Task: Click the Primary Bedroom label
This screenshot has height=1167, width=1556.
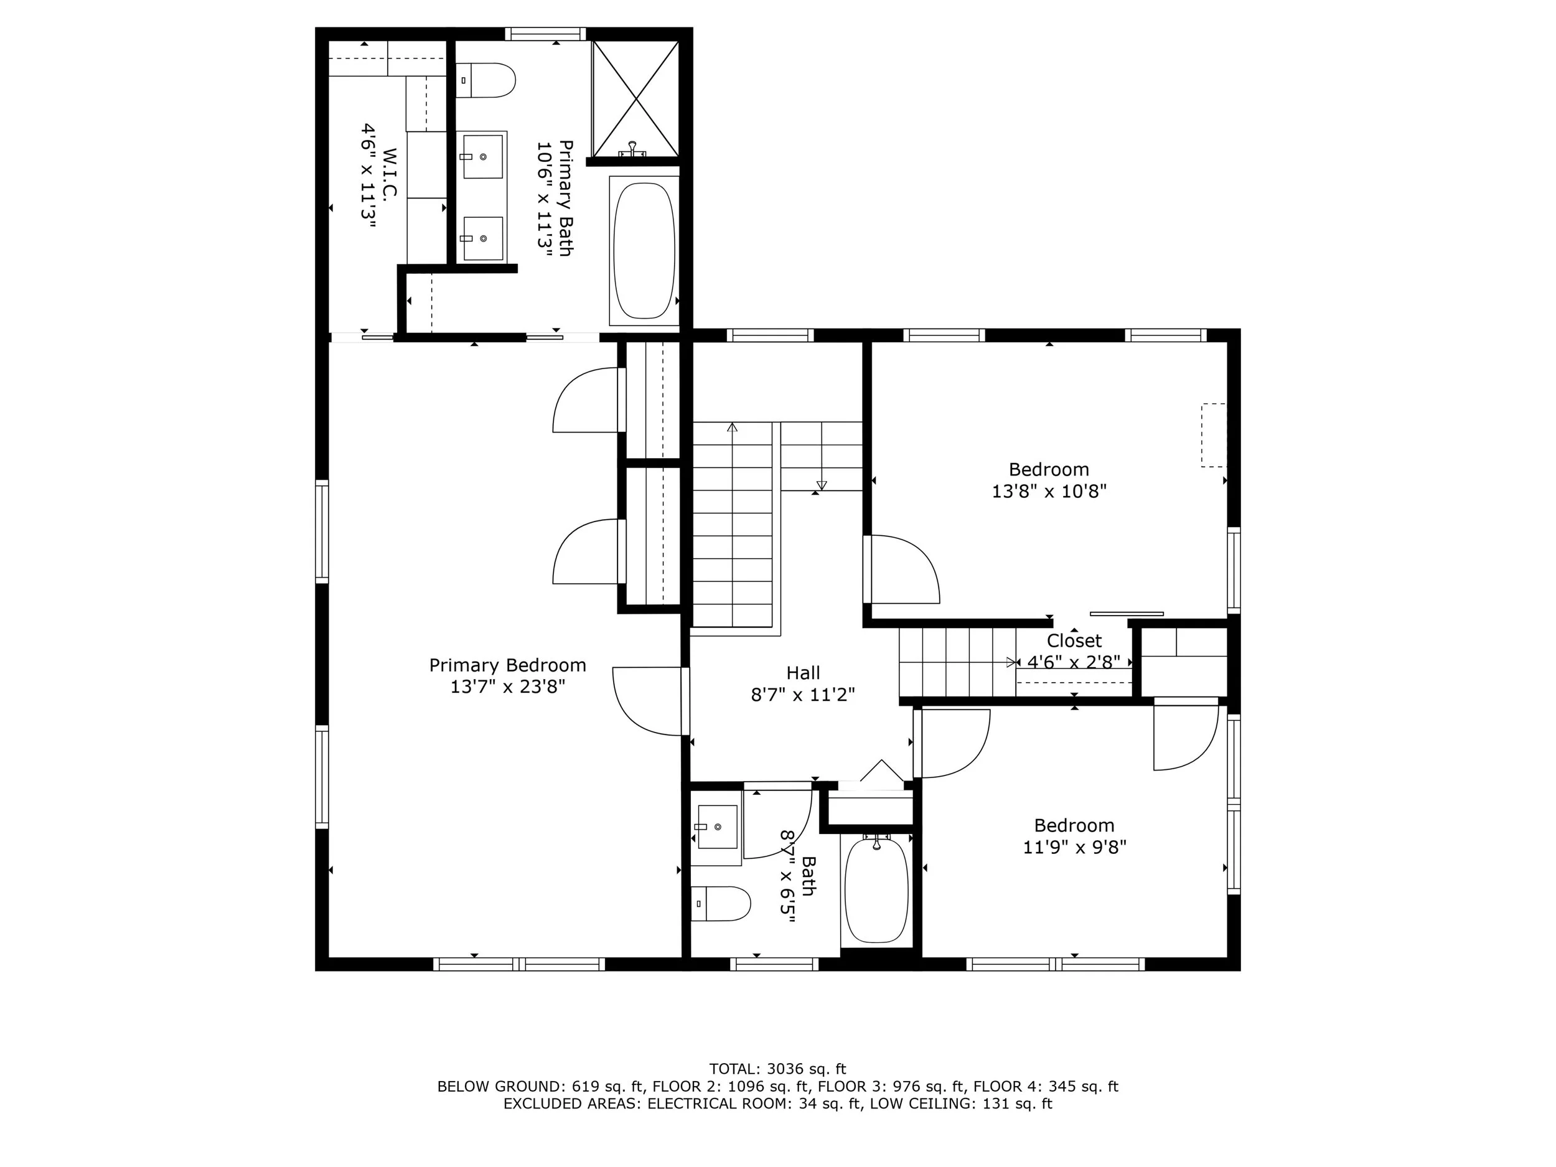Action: pos(507,665)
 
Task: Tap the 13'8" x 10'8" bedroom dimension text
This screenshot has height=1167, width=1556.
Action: pos(1049,491)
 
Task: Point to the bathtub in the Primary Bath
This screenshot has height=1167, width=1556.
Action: pos(644,250)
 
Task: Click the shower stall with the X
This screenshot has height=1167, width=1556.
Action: pos(636,98)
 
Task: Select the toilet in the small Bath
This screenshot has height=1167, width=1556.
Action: pos(720,904)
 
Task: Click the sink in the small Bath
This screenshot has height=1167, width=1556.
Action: pos(716,827)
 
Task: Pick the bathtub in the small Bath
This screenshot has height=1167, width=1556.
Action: pos(876,889)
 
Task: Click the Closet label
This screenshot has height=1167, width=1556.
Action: pos(1074,641)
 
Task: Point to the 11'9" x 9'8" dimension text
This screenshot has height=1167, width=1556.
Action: pos(1074,847)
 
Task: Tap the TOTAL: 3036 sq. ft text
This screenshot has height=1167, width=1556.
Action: pos(777,1069)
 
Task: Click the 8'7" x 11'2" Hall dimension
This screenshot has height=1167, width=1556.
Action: pos(803,695)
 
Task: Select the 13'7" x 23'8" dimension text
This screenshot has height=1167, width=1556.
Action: pos(507,687)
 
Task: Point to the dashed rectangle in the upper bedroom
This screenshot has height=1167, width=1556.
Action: pos(1214,434)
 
